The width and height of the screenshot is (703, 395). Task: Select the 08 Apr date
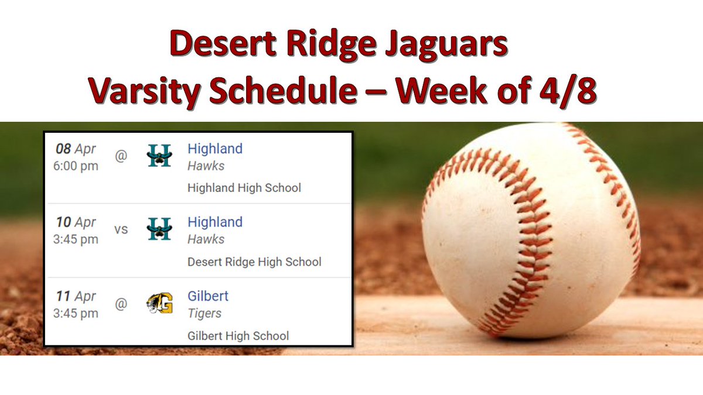[x=76, y=149]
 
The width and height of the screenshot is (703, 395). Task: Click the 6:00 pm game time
[x=76, y=166]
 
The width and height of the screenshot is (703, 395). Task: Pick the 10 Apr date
[x=76, y=222]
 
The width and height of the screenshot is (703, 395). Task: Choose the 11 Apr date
[x=76, y=296]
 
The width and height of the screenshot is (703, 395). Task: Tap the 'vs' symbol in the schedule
[x=121, y=229]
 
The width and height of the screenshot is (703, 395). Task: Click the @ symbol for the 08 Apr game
[x=121, y=156]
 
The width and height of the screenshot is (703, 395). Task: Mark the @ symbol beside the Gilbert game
[x=121, y=304]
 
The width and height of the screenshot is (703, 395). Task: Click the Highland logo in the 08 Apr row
[x=159, y=156]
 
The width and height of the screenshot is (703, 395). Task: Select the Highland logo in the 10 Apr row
[x=159, y=229]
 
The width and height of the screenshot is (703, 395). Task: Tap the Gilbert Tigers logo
[x=159, y=304]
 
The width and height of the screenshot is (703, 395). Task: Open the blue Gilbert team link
[x=208, y=296]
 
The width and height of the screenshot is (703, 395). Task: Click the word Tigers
[x=204, y=313]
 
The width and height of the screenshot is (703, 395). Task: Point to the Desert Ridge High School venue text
[x=254, y=262]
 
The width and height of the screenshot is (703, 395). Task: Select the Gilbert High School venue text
[x=238, y=336]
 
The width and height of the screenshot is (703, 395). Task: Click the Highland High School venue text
[x=244, y=188]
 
